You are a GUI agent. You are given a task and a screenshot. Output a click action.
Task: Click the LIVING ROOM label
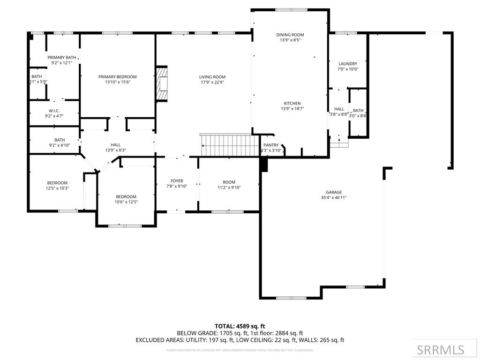pos(212,77)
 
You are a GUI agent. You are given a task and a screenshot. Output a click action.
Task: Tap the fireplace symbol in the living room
pos(162,83)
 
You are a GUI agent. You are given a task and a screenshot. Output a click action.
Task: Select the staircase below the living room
pos(229,145)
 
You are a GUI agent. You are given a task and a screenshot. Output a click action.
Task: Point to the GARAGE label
pos(334,192)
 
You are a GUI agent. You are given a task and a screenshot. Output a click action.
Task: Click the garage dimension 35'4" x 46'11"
pos(334,198)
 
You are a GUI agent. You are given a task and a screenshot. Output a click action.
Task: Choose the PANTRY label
pos(271,145)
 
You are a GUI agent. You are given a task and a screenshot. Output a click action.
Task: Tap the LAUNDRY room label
pos(348,64)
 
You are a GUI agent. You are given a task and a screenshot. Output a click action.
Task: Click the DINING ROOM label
pos(290,35)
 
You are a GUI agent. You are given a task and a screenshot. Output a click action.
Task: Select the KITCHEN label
pos(292,103)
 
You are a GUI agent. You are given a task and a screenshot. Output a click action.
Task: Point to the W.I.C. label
pos(54,111)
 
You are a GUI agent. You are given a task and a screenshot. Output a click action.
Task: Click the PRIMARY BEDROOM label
pos(117,77)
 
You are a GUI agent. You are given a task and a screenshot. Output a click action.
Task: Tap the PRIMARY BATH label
pos(61,57)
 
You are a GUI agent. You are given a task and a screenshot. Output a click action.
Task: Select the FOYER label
pos(177,180)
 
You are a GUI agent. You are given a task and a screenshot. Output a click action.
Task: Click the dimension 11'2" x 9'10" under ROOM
pos(229,187)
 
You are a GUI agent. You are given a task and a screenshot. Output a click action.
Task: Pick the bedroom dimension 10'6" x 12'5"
pos(126,202)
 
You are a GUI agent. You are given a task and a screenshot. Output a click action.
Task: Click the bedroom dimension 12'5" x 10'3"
pos(57,188)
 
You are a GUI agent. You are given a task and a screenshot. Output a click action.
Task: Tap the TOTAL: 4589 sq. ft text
pos(240,326)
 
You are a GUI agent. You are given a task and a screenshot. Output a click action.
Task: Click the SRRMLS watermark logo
pos(440,350)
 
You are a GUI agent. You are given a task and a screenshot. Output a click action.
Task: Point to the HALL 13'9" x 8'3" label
pos(115,145)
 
